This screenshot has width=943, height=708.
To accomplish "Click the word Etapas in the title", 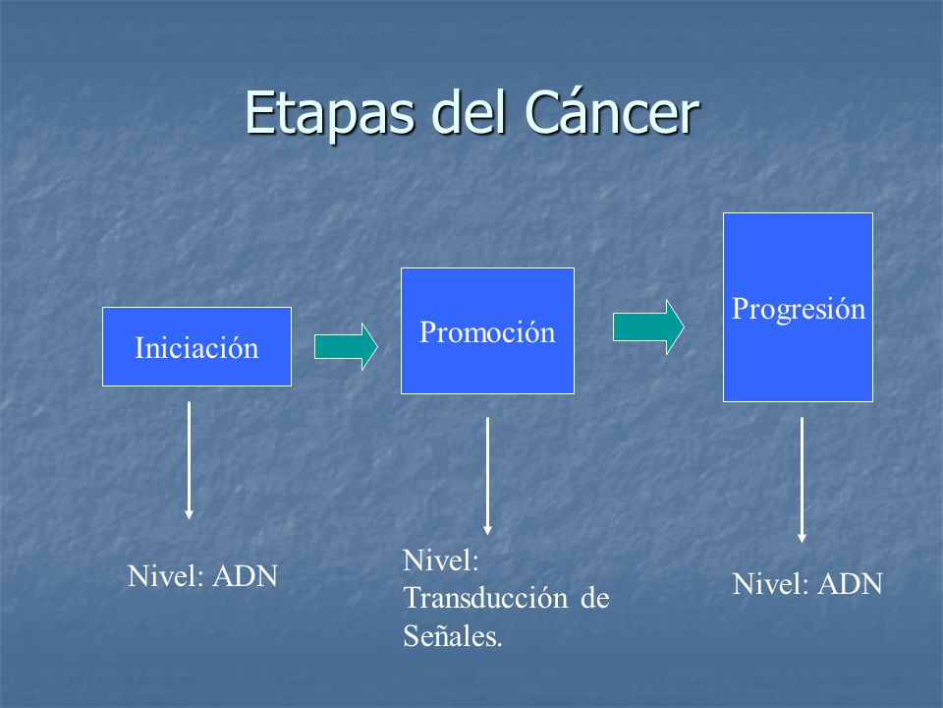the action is (330, 114).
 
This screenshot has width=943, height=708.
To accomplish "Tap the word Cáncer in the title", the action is (612, 112).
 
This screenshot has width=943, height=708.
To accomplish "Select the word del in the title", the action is (470, 112).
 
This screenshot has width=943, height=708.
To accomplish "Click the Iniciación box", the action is (196, 347).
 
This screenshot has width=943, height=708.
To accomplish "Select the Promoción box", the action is (488, 331).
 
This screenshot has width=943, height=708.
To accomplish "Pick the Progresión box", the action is (798, 307).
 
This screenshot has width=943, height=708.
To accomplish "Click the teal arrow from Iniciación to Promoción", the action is (346, 347).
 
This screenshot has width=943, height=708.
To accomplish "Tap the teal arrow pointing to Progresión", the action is (648, 326).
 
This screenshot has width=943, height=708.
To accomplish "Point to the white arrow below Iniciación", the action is (189, 460).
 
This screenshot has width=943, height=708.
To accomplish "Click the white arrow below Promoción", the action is (488, 476).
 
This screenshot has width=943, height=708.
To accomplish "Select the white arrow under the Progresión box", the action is (802, 480).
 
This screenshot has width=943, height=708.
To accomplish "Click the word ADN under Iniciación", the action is (246, 576).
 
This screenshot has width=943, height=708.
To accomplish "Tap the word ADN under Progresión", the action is (851, 584).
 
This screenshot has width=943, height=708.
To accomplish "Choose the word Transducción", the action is (485, 599).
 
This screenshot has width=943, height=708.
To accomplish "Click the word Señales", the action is (453, 636).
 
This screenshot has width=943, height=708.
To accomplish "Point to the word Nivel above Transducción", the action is (441, 560).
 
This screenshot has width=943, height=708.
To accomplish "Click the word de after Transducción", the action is (595, 599).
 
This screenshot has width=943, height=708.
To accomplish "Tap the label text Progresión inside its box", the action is (799, 310).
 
